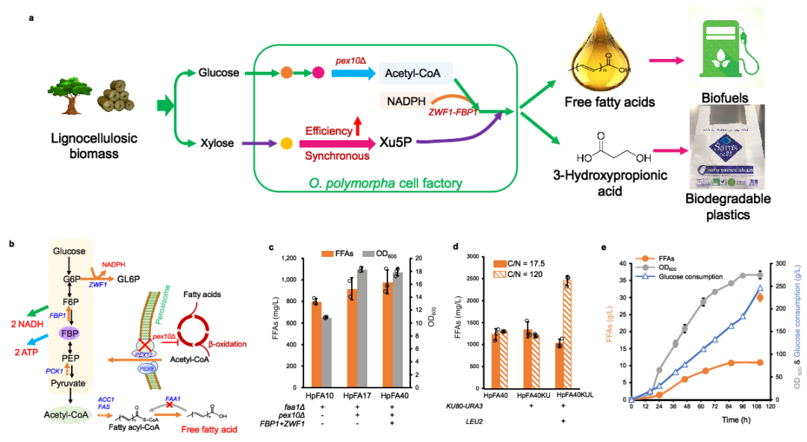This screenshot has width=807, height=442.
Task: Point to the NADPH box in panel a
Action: point(404,100)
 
